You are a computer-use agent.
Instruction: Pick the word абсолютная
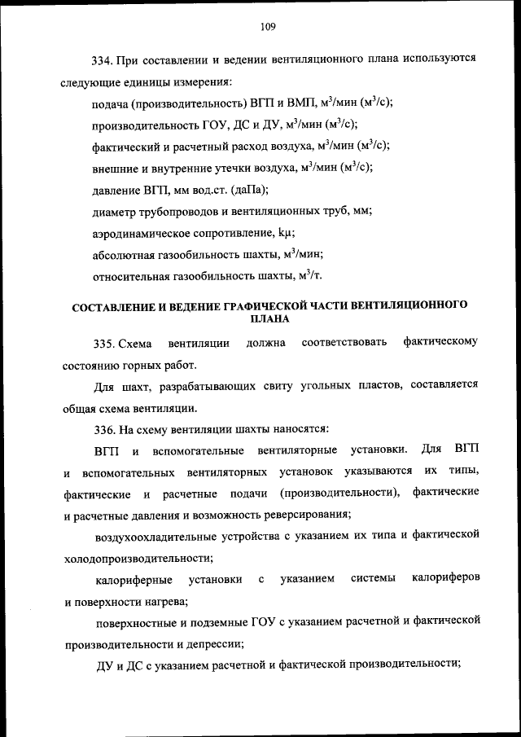point(123,254)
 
